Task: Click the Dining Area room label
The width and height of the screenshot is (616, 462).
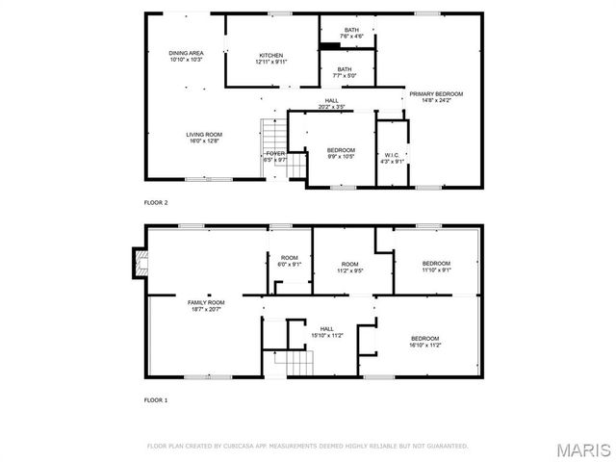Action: click(186, 56)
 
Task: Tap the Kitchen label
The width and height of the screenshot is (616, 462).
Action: click(271, 58)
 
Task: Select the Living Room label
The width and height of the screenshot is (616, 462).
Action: click(204, 137)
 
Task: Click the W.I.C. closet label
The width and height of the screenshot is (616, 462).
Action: click(392, 158)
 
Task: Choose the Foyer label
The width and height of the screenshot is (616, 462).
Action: click(275, 156)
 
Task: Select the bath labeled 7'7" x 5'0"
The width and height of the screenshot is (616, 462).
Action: click(344, 71)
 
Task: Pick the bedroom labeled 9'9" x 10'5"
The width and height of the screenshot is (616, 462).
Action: click(341, 152)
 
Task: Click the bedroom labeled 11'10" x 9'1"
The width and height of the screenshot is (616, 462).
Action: click(436, 266)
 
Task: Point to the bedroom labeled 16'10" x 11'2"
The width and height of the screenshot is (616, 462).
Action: click(424, 341)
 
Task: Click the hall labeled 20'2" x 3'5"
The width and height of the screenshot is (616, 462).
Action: click(331, 104)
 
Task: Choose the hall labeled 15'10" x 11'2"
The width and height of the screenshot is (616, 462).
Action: click(326, 332)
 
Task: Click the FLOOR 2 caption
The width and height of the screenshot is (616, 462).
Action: click(156, 202)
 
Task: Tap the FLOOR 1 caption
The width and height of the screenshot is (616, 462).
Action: click(156, 398)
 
